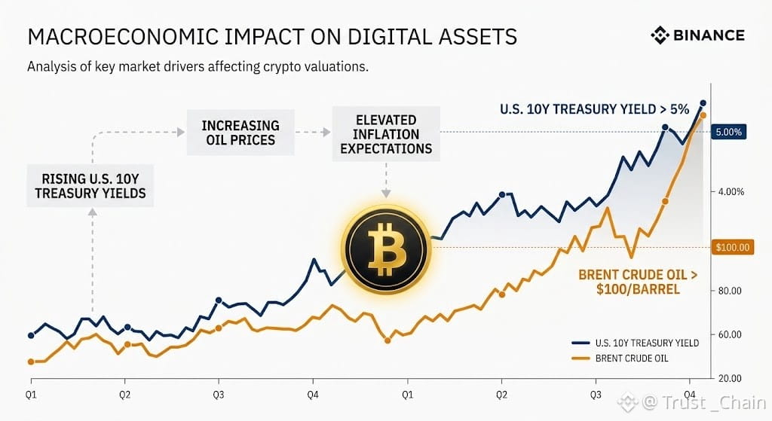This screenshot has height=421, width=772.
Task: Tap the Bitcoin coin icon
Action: pyautogui.click(x=386, y=249)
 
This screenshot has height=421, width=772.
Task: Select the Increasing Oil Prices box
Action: pyautogui.click(x=240, y=133)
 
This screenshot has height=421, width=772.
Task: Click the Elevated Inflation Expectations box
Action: pyautogui.click(x=386, y=134)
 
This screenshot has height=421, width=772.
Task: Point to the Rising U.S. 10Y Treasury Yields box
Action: pyautogui.click(x=90, y=186)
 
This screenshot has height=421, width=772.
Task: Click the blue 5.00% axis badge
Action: pyautogui.click(x=729, y=132)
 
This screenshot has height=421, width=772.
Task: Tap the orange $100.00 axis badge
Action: pyautogui.click(x=733, y=247)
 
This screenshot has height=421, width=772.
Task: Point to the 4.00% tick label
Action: pyautogui.click(x=731, y=192)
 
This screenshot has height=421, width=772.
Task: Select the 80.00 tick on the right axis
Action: pyautogui.click(x=730, y=291)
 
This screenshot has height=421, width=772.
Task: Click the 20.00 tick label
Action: pyautogui.click(x=730, y=378)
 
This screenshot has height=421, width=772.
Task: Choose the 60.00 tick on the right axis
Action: pyautogui.click(x=730, y=334)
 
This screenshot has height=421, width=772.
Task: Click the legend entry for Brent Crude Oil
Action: pyautogui.click(x=620, y=358)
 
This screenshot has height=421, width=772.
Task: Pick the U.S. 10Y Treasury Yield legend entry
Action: pyautogui.click(x=635, y=343)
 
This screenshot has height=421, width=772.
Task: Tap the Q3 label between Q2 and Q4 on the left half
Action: pyautogui.click(x=218, y=395)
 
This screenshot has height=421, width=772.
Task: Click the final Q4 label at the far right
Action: pyautogui.click(x=689, y=395)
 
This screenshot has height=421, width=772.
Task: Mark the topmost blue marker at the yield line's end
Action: pyautogui.click(x=703, y=103)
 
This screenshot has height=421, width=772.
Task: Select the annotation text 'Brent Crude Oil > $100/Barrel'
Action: pyautogui.click(x=638, y=282)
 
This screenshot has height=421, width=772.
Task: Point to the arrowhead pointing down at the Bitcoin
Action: pyautogui.click(x=386, y=194)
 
